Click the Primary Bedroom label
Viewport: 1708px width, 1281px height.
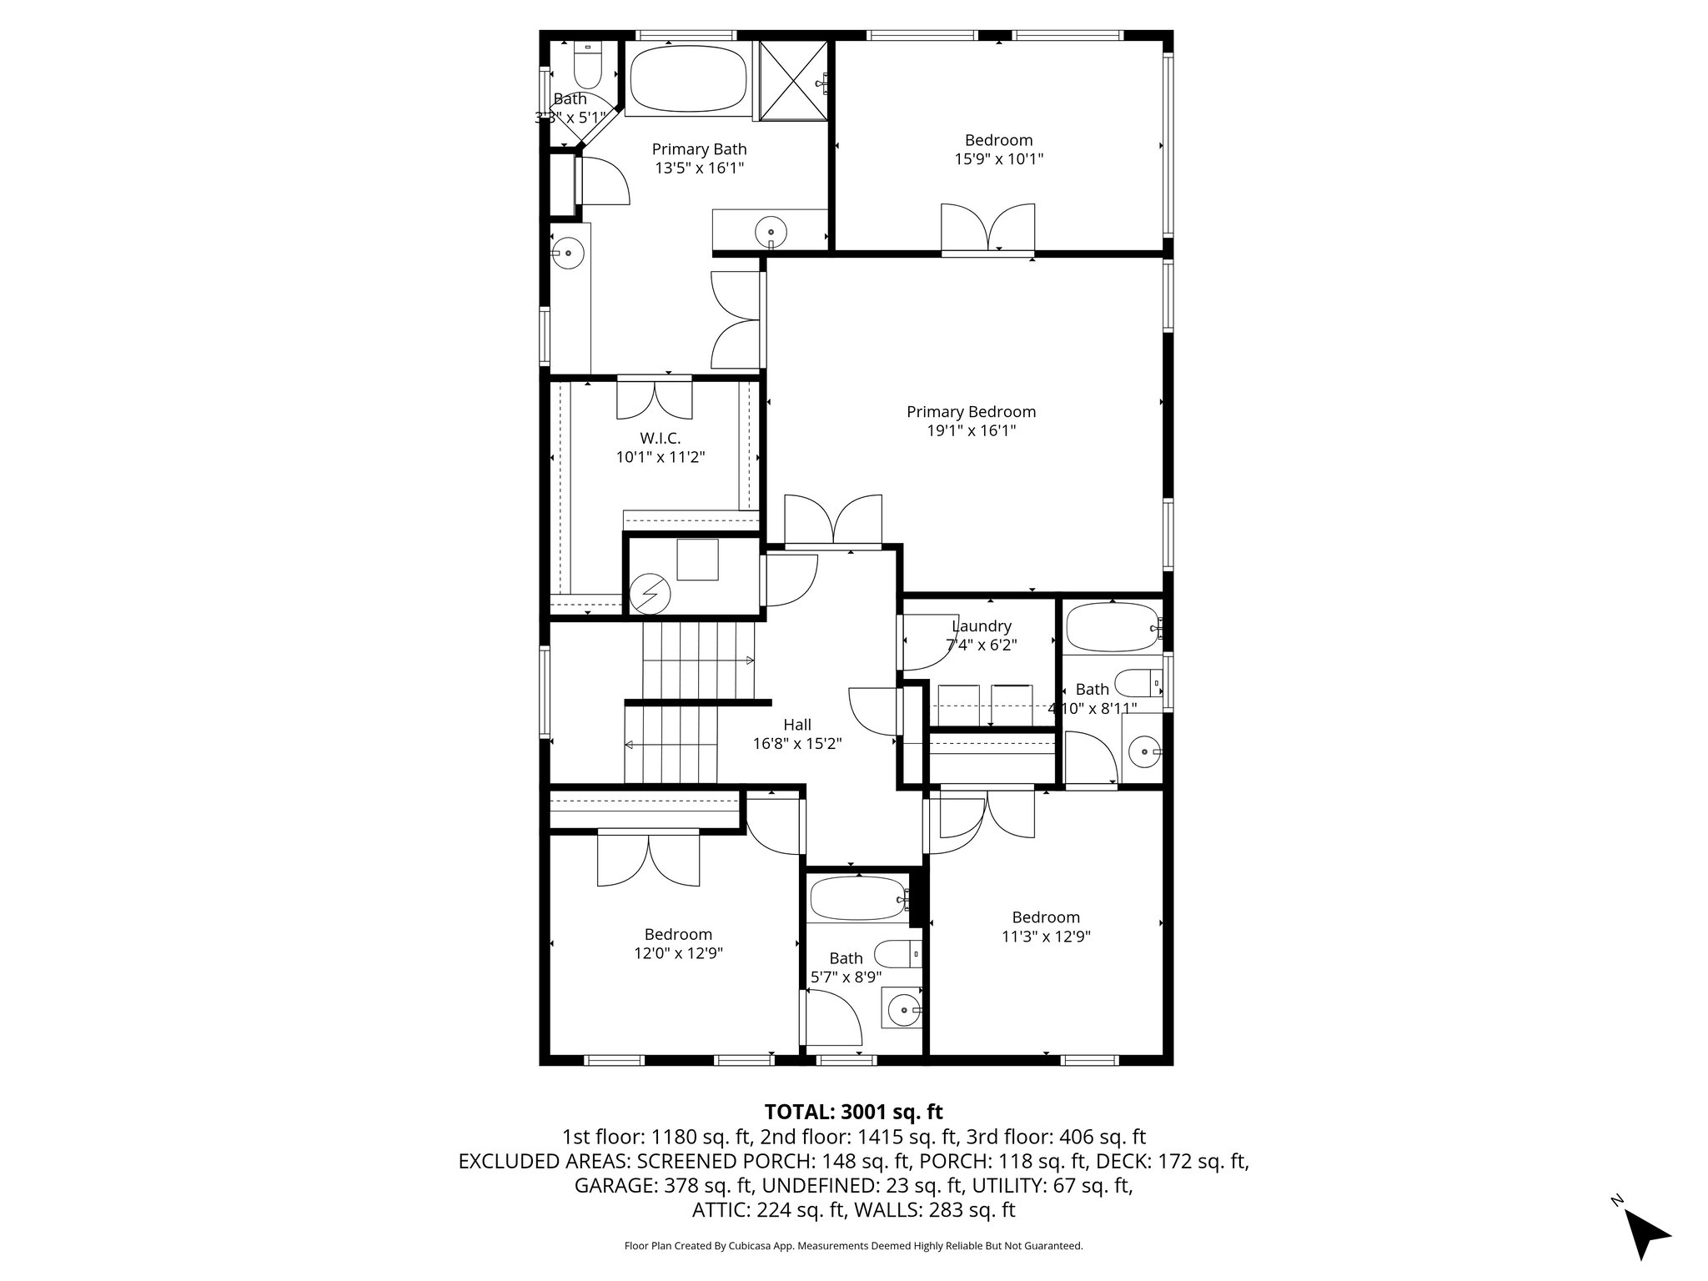point(971,412)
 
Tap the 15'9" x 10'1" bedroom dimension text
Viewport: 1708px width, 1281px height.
point(998,158)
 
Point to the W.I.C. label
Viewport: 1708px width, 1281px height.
point(661,438)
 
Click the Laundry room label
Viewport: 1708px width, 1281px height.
point(982,626)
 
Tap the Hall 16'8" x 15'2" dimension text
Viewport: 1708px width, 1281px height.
point(797,744)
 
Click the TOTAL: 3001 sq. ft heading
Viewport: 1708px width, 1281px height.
point(853,1112)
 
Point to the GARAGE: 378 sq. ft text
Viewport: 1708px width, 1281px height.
point(663,1185)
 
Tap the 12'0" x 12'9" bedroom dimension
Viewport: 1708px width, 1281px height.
point(678,953)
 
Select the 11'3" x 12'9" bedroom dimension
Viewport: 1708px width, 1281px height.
point(1046,936)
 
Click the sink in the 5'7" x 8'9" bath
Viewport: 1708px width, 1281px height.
point(902,1012)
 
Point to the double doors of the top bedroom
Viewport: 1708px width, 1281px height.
point(988,227)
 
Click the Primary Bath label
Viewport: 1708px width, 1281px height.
point(699,149)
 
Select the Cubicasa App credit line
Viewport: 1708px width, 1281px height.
point(853,1246)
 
